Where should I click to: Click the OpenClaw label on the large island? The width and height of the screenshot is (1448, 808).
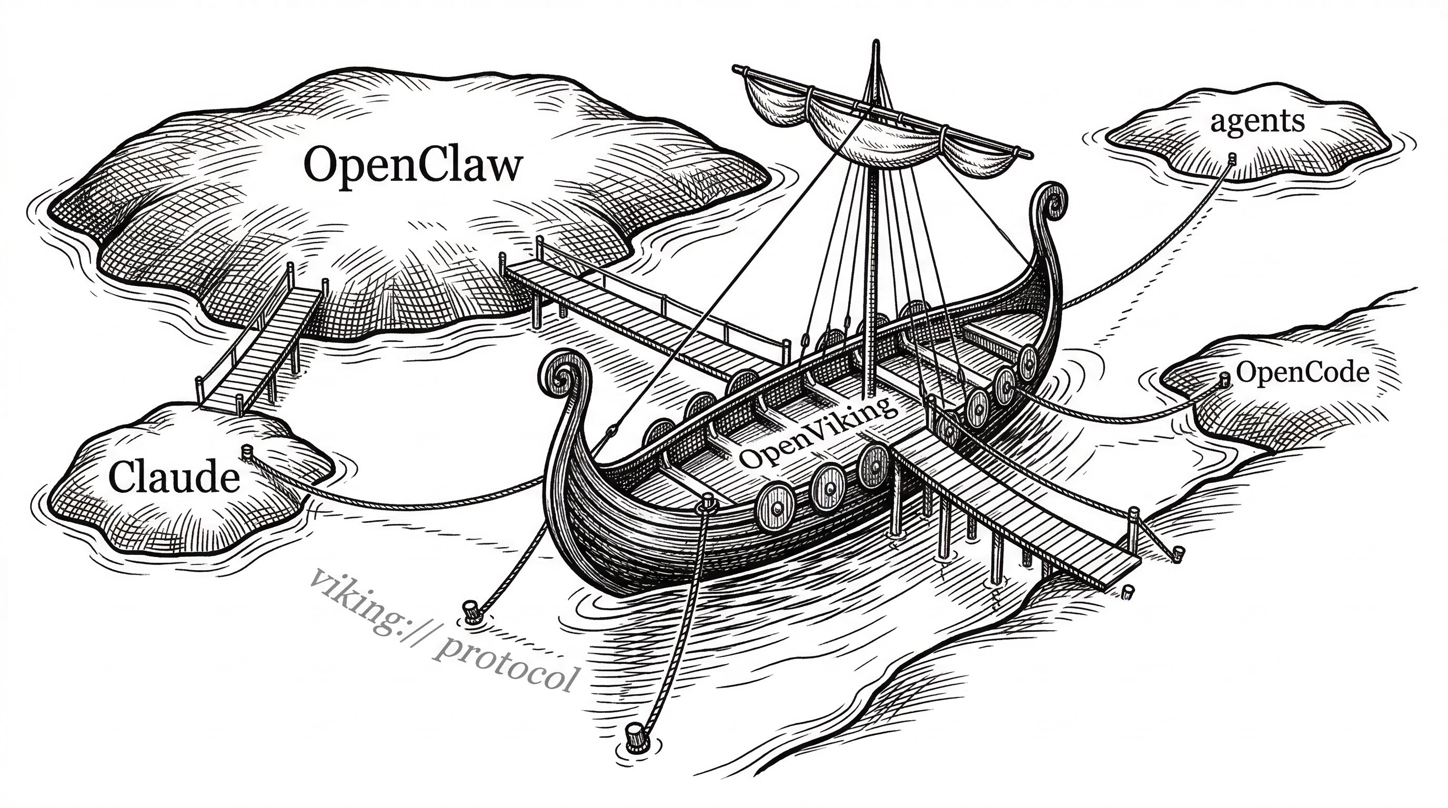(x=413, y=165)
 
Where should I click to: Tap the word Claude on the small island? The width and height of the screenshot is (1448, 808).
(x=174, y=477)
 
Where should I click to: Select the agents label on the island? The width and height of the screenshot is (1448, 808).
(x=1257, y=122)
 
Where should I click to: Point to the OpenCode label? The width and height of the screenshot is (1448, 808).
(x=1302, y=372)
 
